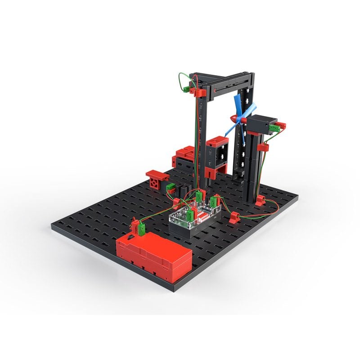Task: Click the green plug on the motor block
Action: [273, 129]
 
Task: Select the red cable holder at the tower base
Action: [260, 199]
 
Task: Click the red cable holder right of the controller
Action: [234, 218]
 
